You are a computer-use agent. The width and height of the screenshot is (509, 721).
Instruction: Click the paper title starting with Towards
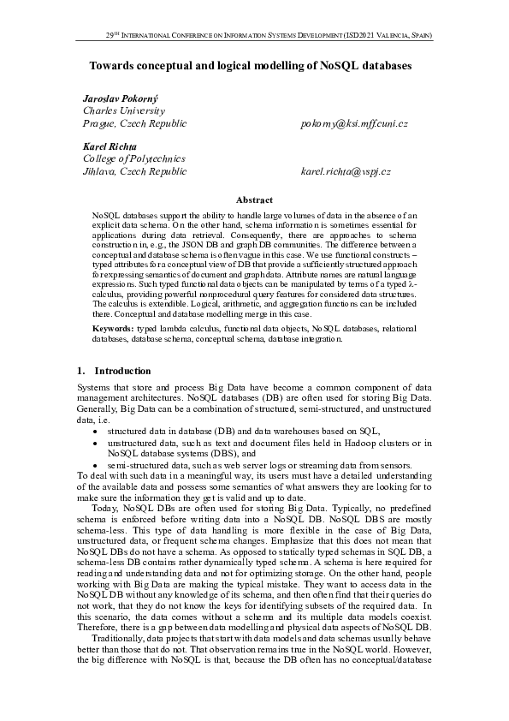pyautogui.click(x=251, y=65)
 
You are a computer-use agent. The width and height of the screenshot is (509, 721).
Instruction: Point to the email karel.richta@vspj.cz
pyautogui.click(x=346, y=172)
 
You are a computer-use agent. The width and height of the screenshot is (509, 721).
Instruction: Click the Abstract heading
pyautogui.click(x=254, y=200)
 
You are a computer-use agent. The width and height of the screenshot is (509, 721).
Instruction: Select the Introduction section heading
pyautogui.click(x=122, y=371)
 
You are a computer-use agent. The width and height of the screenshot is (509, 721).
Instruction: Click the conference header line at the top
pyautogui.click(x=268, y=37)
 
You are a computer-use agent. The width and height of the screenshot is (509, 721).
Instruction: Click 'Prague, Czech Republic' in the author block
pyautogui.click(x=134, y=124)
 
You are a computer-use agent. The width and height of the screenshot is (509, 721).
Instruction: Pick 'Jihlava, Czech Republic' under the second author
pyautogui.click(x=134, y=172)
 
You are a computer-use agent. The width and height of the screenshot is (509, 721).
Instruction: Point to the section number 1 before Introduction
pyautogui.click(x=80, y=371)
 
